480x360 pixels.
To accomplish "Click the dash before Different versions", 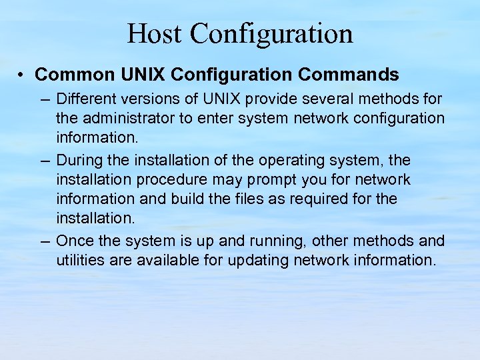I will tap(45, 99).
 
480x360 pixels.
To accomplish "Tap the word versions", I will tap(144, 99).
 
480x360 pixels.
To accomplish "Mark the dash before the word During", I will tap(45, 161).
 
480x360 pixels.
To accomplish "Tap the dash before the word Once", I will tap(45, 241).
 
